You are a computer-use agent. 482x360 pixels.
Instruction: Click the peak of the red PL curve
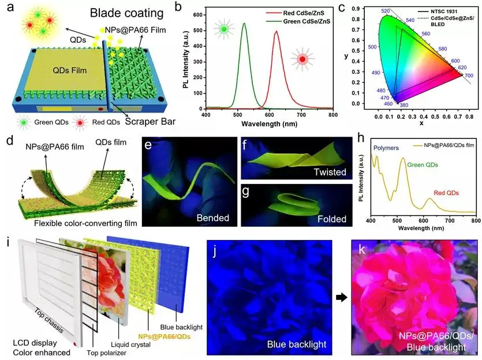click(277, 32)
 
